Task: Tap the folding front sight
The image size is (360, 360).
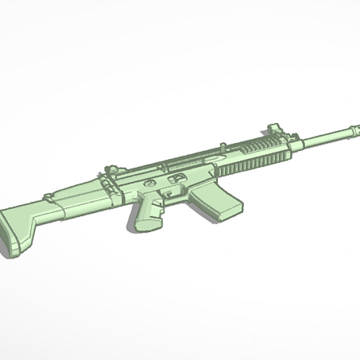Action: (x=274, y=128)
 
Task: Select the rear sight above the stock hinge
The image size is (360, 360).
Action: (x=111, y=170)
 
